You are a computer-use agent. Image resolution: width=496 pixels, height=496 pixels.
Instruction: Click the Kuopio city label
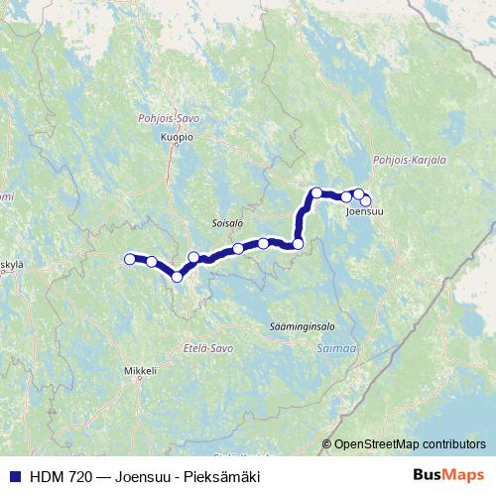click(x=177, y=138)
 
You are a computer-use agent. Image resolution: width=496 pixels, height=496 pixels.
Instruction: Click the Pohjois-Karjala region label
click(x=409, y=159)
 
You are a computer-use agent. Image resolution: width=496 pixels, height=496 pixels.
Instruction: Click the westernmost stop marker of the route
click(x=129, y=259)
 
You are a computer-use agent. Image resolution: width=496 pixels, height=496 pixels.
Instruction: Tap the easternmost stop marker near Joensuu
click(x=366, y=200)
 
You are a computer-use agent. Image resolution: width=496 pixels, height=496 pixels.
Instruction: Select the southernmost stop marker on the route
click(x=178, y=277)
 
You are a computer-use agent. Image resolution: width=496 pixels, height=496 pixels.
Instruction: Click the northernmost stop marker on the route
click(x=316, y=192)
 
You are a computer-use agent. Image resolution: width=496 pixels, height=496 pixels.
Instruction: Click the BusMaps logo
click(x=447, y=476)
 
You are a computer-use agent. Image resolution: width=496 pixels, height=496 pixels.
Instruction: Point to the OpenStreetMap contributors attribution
click(x=410, y=444)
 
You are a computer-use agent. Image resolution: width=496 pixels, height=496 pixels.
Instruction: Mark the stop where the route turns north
click(x=298, y=243)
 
